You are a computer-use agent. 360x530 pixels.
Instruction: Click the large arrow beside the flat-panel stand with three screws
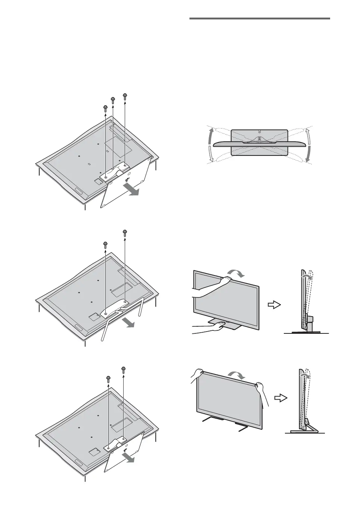[133, 190]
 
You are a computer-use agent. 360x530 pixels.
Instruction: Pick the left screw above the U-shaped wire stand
[105, 245]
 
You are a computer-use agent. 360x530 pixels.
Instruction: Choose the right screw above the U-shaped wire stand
[124, 233]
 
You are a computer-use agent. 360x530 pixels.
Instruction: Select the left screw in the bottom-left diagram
[108, 378]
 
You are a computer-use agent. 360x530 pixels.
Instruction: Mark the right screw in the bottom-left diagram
[123, 371]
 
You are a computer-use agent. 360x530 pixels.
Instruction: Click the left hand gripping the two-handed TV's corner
[198, 373]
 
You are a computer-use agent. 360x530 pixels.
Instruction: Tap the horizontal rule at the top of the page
[260, 18]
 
